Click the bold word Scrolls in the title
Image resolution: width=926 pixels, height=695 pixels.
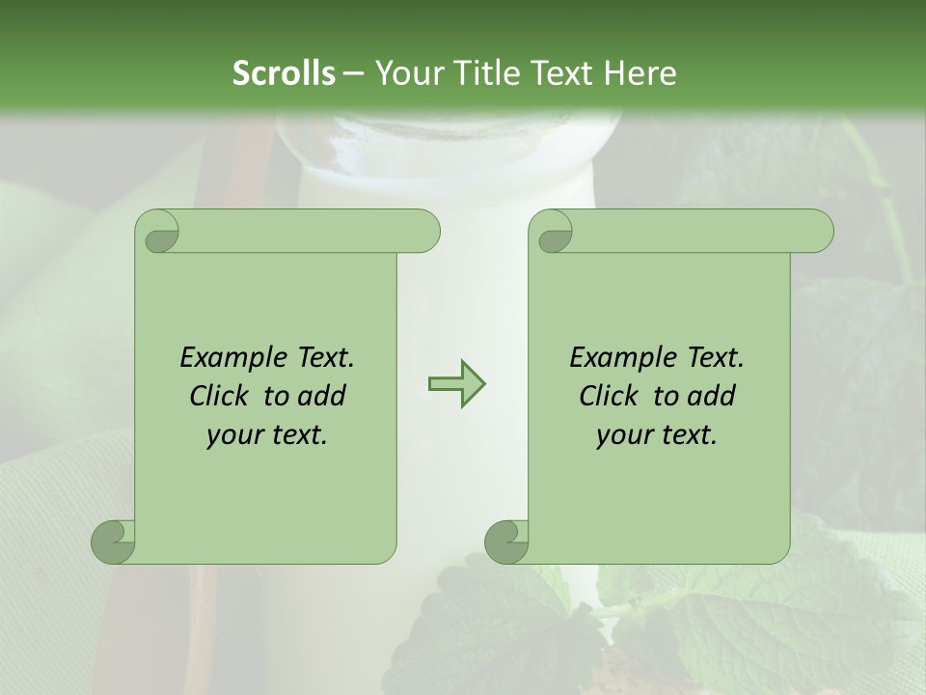[x=283, y=73]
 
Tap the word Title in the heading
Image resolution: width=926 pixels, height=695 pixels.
[x=485, y=73]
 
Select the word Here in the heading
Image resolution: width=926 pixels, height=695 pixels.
[x=640, y=73]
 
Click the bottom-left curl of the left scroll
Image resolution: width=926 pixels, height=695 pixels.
[x=113, y=542]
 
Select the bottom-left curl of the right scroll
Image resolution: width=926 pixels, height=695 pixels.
[x=506, y=542]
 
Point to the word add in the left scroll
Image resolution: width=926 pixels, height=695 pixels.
[x=323, y=396]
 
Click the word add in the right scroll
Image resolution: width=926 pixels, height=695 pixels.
[x=713, y=396]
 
